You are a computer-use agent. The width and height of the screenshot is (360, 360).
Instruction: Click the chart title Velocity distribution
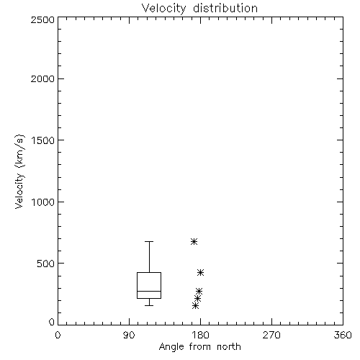point(199,9)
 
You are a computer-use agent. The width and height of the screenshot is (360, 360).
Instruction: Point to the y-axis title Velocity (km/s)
point(19,171)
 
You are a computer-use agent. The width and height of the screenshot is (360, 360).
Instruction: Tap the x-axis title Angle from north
point(199,347)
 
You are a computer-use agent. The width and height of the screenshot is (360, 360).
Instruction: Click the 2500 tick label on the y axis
point(42,19)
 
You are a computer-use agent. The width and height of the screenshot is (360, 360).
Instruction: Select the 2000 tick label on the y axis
point(42,78)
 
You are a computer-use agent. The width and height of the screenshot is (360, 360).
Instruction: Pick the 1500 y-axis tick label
point(43,140)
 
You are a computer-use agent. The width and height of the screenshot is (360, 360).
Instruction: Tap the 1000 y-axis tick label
point(43,202)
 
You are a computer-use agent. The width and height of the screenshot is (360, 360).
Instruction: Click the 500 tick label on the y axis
point(46,264)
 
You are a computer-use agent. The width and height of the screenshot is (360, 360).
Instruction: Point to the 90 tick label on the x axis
point(129,335)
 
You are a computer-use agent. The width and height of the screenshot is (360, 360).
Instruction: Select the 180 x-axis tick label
point(200,335)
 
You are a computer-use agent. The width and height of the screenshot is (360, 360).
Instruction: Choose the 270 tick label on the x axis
point(271,335)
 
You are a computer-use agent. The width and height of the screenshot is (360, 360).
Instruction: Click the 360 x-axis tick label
point(343,335)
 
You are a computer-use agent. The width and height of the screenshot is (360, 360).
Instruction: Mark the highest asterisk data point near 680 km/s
point(194,241)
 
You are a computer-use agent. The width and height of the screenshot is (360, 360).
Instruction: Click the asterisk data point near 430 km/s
point(200,272)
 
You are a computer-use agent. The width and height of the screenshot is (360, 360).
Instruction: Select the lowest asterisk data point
point(195,305)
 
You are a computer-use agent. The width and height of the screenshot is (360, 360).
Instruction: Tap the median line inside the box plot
point(149,291)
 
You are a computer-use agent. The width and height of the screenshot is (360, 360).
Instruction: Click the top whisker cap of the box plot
point(149,241)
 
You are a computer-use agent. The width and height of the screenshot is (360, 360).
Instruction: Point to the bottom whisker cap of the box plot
point(149,305)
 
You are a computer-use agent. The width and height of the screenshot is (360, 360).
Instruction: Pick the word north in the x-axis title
point(229,347)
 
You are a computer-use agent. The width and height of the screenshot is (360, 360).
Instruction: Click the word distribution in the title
point(225,9)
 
